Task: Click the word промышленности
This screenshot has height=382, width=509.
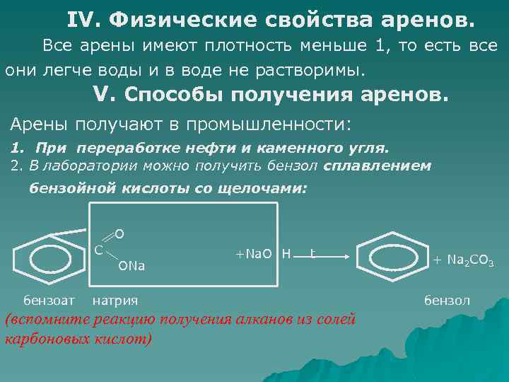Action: (268, 125)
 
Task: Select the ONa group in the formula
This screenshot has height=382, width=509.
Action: (131, 267)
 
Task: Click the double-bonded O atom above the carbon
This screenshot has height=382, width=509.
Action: (119, 233)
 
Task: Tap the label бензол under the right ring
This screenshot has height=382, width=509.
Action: (447, 300)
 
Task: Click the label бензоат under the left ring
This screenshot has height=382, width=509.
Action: (49, 300)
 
